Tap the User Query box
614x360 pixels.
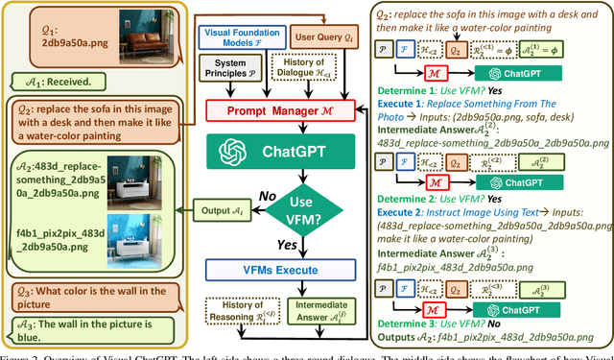point(320,37)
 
